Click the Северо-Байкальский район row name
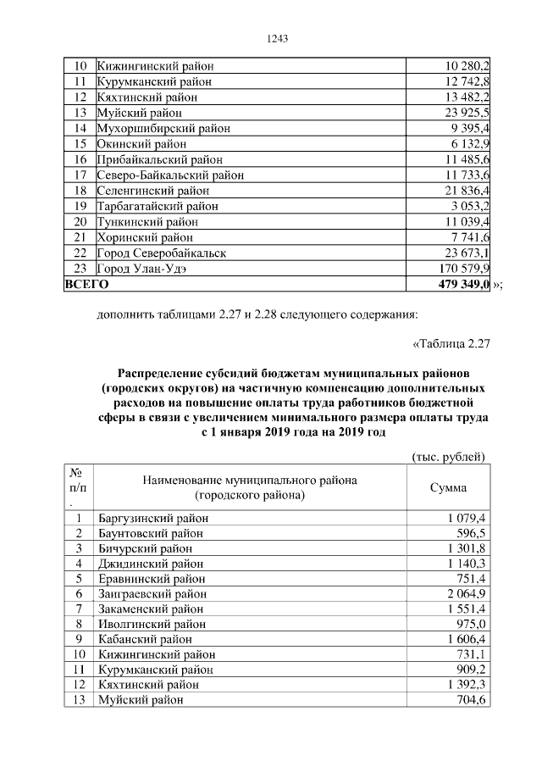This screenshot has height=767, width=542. (x=171, y=175)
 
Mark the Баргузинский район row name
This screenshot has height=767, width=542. (x=153, y=518)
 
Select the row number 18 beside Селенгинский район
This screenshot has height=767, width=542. (x=81, y=191)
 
